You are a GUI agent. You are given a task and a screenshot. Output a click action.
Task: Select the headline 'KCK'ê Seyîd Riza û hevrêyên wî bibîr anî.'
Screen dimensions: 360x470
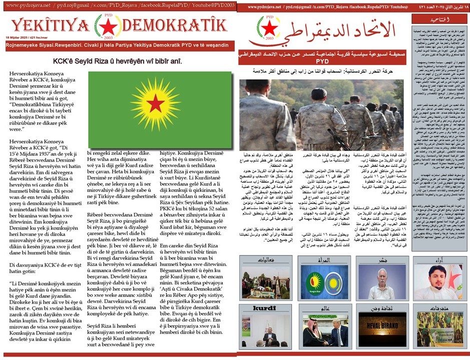(x=118, y=61)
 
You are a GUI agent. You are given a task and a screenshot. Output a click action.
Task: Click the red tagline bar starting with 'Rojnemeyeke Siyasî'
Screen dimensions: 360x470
(x=118, y=45)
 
